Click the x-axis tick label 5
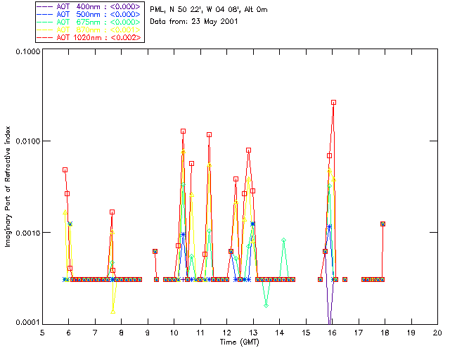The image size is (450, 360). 42,333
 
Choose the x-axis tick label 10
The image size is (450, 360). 174,333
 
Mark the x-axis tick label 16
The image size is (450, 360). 332,333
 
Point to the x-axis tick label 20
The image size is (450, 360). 437,333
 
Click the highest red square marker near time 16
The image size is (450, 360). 334,103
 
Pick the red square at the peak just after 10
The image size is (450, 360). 183,131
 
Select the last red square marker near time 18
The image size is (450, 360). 382,224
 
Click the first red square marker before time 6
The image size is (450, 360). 65,169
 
